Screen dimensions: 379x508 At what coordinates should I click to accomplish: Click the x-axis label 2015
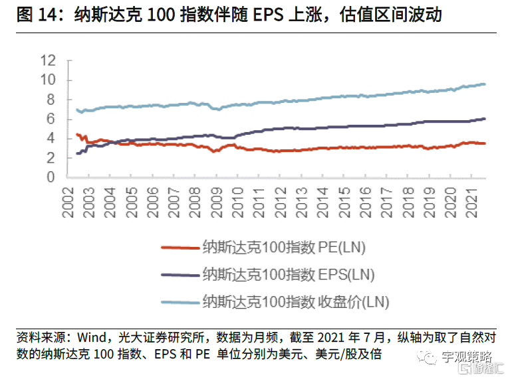coord(344,201)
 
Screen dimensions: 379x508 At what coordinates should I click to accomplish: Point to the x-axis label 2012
coord(280,201)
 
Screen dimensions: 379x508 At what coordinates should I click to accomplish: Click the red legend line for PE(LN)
coord(180,248)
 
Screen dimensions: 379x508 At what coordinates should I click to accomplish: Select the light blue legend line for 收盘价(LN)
coord(180,302)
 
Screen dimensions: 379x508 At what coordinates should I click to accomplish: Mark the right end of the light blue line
coord(485,84)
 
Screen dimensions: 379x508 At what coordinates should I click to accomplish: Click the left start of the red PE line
coord(77,134)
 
